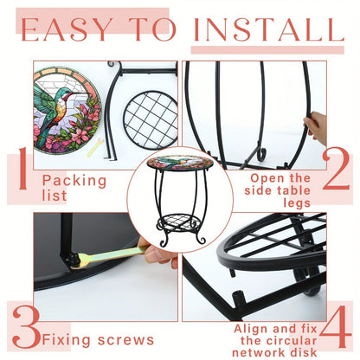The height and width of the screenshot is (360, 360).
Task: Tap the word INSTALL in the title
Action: click(269, 29)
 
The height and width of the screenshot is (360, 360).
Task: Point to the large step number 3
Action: click(26, 327)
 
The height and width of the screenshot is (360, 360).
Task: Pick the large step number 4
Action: click(336, 326)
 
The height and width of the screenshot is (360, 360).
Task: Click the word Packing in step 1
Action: click(74, 181)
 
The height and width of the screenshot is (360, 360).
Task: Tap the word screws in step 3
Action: click(125, 340)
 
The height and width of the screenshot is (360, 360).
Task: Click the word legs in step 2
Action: click(297, 203)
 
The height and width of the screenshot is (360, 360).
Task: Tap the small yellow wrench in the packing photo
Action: click(95, 147)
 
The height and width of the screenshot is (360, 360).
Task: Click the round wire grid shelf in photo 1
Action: click(151, 120)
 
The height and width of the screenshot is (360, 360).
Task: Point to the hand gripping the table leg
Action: click(315, 126)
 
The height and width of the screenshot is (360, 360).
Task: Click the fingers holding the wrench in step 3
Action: click(158, 253)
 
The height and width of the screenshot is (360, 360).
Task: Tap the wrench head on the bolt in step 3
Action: click(74, 260)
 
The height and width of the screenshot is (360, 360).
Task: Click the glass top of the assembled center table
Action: click(180, 163)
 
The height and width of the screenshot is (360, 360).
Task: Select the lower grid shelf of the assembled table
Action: click(179, 222)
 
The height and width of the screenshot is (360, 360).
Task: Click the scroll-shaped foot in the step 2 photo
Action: click(261, 154)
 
